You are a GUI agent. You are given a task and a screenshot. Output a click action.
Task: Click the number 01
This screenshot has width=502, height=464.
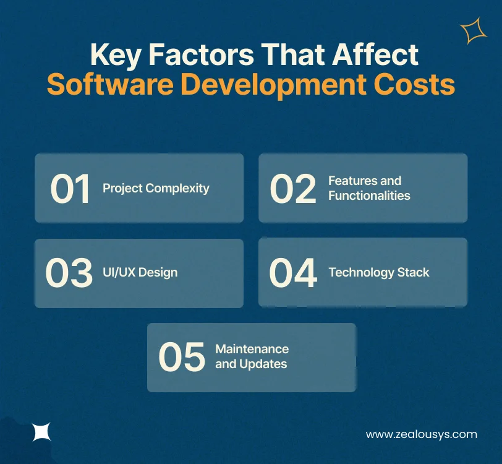pos(70,188)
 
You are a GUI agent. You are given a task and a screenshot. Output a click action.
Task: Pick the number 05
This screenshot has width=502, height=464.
pos(181,357)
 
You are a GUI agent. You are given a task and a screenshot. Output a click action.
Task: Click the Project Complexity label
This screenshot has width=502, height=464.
pos(156,188)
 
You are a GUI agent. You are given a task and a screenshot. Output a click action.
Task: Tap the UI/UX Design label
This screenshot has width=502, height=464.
pos(140,272)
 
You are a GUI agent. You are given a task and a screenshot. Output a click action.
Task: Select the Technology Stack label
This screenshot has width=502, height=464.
pos(379,272)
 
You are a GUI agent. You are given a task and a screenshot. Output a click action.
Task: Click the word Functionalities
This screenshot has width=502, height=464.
pos(369,195)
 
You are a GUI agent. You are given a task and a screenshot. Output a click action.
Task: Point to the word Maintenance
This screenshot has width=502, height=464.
pos(252,349)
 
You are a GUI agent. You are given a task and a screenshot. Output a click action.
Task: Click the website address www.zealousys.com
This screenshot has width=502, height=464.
pos(421,434)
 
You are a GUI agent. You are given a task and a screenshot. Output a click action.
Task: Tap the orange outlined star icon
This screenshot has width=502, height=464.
pos(473,31)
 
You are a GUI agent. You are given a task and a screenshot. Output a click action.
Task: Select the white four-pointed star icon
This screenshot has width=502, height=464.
pos(42,431)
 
